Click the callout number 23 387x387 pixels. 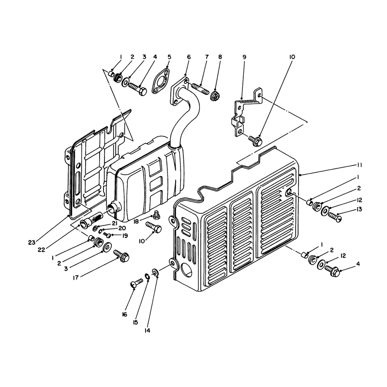coord(31,243)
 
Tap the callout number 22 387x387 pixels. coord(42,250)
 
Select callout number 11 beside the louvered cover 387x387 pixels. coord(359,165)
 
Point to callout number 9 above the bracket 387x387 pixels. coord(244,57)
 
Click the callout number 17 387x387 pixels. coord(76,278)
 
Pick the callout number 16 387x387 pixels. coord(124,314)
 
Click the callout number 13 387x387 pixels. coord(359,209)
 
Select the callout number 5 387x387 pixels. coord(169,57)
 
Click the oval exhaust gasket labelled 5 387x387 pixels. coord(161,82)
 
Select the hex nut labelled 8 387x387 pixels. coord(215,95)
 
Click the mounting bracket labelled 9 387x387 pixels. coord(244,111)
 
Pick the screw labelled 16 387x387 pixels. coord(136,283)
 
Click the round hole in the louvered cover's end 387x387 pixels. coord(187,270)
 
